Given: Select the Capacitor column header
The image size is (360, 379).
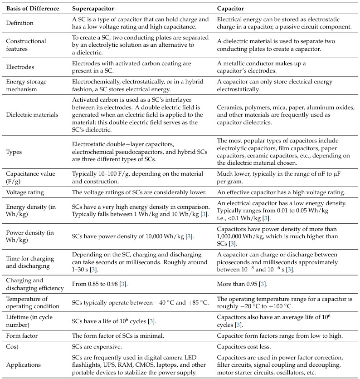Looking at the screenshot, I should coord(232,9).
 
